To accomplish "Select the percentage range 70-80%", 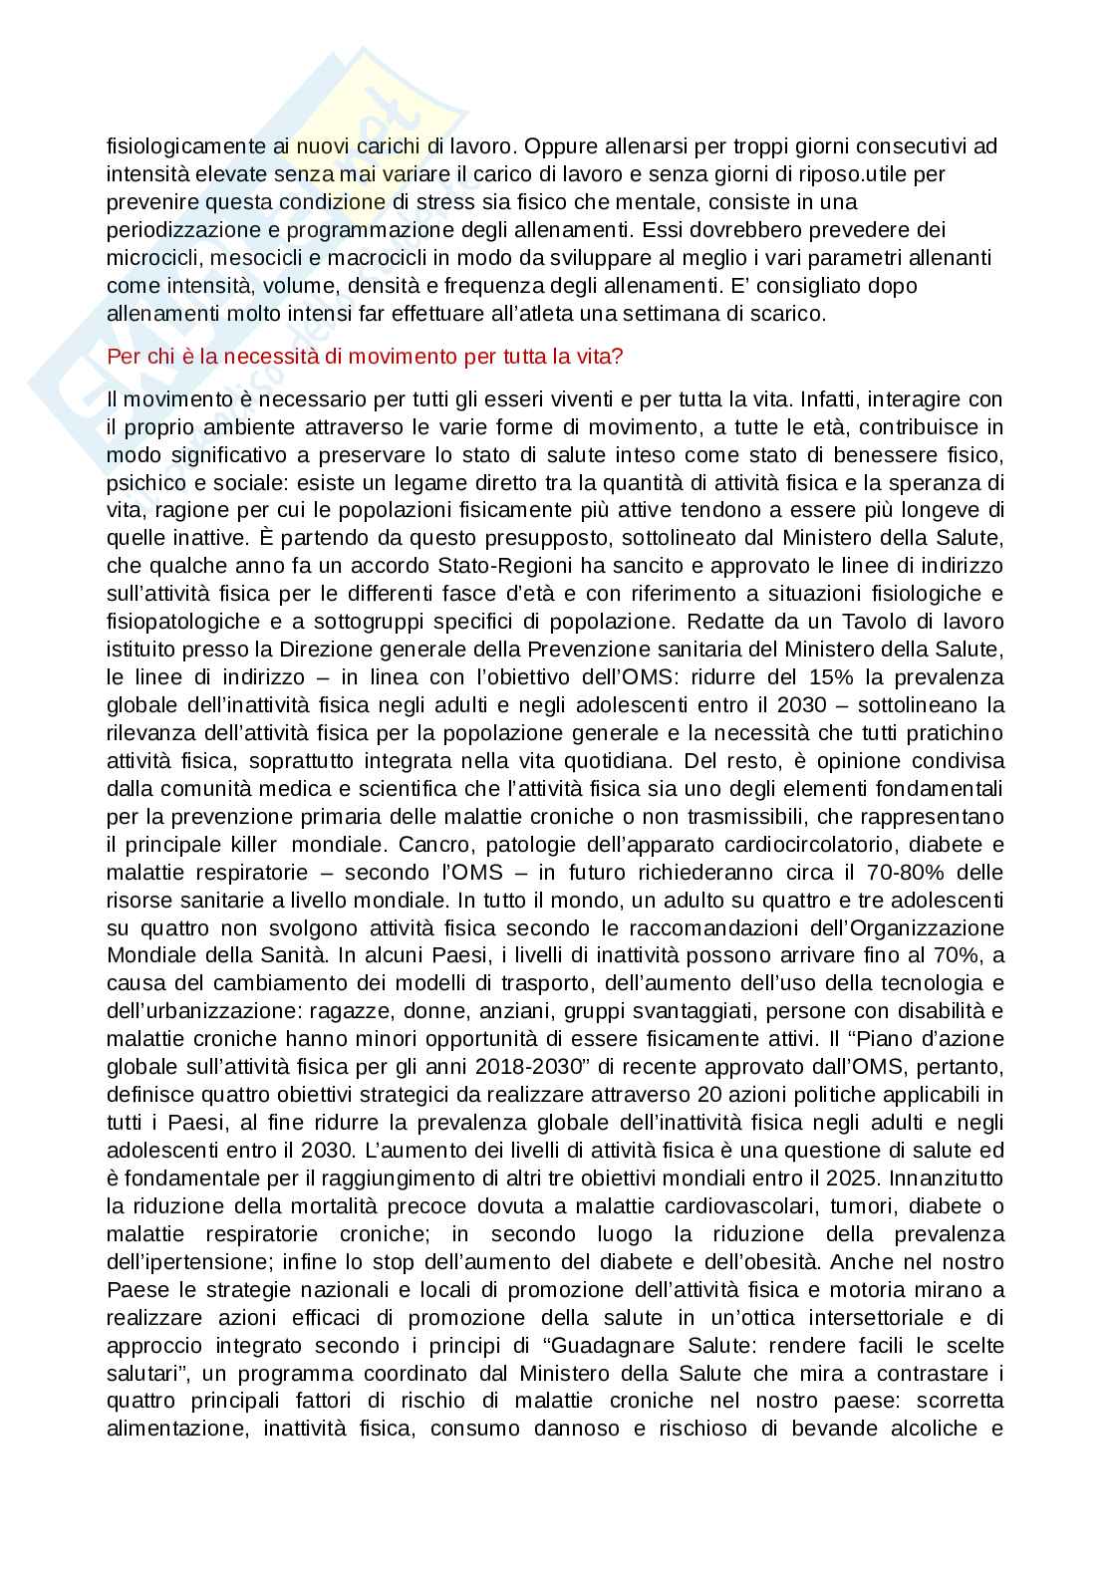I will pyautogui.click(x=904, y=873).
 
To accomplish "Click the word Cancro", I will pyautogui.click(x=429, y=845).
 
